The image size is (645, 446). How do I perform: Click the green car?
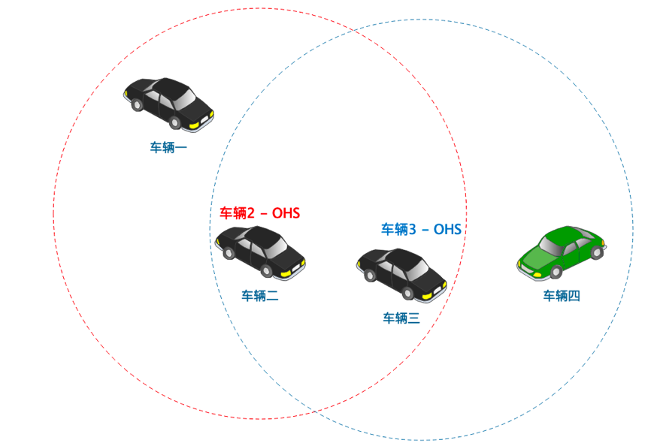click(561, 252)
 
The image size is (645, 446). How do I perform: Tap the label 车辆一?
click(168, 147)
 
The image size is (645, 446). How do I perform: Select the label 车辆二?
click(260, 296)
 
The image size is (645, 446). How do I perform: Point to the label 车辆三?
click(401, 318)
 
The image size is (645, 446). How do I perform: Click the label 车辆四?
click(562, 296)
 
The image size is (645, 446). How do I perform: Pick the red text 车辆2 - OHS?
click(259, 213)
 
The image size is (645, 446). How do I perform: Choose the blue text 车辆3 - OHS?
click(421, 229)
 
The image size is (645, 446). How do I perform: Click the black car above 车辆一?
click(168, 102)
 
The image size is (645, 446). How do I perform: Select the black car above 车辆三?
click(401, 273)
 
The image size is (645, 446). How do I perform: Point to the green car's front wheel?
click(556, 271)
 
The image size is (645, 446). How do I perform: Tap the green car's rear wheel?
click(596, 253)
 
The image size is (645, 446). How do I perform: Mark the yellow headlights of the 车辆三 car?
click(432, 291)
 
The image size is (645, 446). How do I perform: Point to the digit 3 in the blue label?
click(412, 229)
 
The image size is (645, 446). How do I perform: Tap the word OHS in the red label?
click(286, 213)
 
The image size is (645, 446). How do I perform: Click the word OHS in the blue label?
click(447, 229)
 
